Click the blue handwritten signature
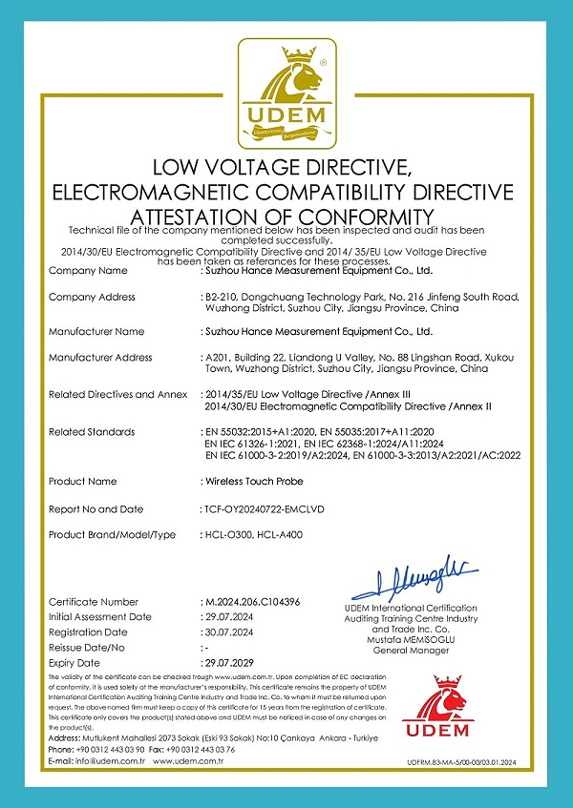(411, 578)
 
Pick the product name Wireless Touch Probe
(254, 481)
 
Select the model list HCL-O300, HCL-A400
(253, 535)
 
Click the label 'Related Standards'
(92, 432)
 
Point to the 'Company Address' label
(92, 298)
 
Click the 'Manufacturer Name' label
(96, 332)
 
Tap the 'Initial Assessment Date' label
(100, 617)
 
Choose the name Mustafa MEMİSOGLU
(411, 640)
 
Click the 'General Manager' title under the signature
(411, 651)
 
